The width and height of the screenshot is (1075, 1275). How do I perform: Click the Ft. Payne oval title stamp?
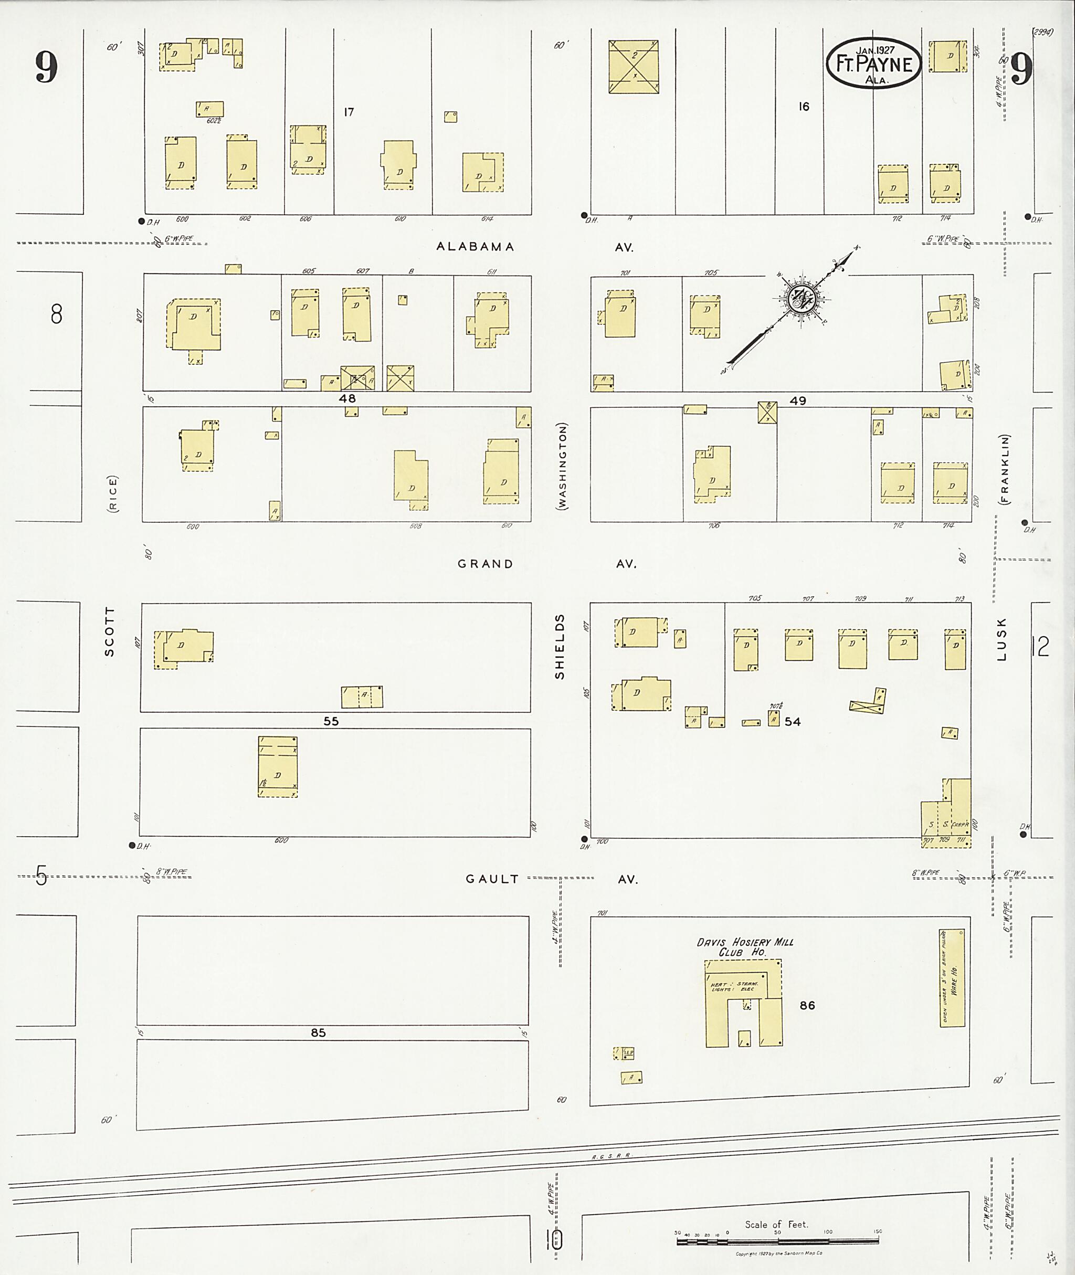(873, 64)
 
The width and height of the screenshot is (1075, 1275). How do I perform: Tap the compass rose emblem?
(799, 299)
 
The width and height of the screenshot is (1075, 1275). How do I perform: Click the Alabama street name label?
(476, 247)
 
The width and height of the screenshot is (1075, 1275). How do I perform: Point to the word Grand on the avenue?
(485, 564)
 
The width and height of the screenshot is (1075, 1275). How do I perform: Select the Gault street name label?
(492, 879)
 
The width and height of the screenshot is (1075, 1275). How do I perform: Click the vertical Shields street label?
(560, 646)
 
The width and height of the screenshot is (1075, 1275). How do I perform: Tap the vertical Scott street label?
(110, 631)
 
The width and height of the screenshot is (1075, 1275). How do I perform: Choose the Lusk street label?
(1003, 639)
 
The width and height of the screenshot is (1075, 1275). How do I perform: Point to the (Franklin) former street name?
(1004, 469)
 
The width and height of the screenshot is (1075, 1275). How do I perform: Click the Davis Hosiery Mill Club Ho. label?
(745, 946)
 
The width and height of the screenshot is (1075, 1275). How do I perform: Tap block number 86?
(807, 1005)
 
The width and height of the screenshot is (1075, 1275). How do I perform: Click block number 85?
(318, 1032)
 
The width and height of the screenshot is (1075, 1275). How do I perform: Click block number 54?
(792, 722)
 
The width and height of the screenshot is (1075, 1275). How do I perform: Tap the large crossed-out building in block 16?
(634, 67)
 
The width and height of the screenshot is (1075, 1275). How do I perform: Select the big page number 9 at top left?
(46, 67)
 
